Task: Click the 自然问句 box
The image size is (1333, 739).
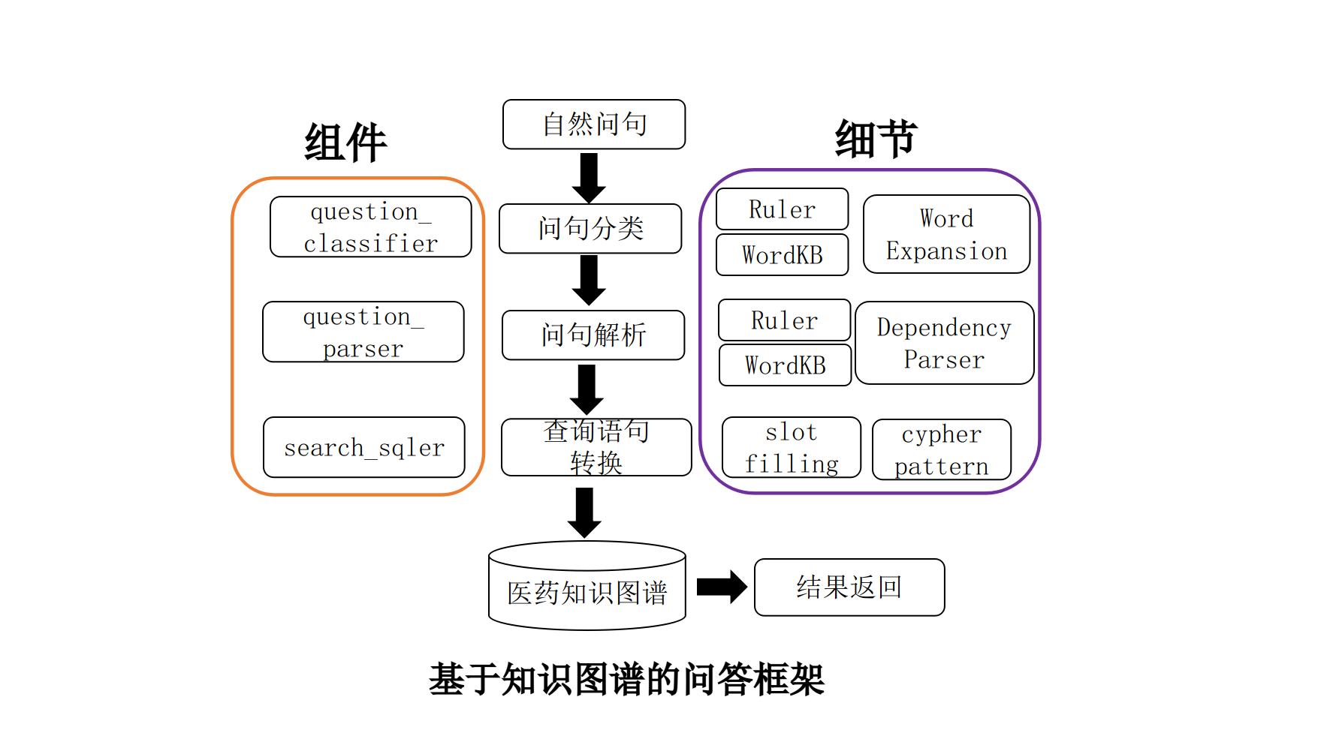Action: tap(593, 125)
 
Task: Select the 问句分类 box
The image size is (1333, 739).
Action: tap(590, 228)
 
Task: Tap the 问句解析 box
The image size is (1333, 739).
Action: tap(593, 335)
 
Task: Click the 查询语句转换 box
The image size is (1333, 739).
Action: tap(596, 447)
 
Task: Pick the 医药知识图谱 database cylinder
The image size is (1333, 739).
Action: tap(587, 589)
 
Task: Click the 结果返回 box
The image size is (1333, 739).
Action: tap(849, 587)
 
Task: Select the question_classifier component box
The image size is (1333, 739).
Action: tap(370, 227)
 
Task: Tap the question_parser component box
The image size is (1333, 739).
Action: tap(363, 332)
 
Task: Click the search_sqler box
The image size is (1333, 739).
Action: tap(363, 447)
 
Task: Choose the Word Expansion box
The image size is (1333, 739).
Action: tap(946, 234)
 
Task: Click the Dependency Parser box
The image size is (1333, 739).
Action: tap(944, 343)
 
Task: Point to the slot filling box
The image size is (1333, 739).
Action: tap(791, 447)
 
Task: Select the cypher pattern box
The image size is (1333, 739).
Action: tap(941, 449)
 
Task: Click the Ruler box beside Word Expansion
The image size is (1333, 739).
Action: tap(782, 209)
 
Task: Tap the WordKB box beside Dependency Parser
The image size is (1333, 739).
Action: tap(785, 365)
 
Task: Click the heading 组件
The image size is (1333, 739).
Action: tap(345, 142)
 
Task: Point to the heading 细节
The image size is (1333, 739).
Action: tap(876, 138)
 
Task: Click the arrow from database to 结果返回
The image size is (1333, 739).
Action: tap(721, 587)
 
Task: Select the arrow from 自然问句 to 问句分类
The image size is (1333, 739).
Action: tap(589, 177)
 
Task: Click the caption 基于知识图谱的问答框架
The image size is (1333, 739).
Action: tap(626, 680)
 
